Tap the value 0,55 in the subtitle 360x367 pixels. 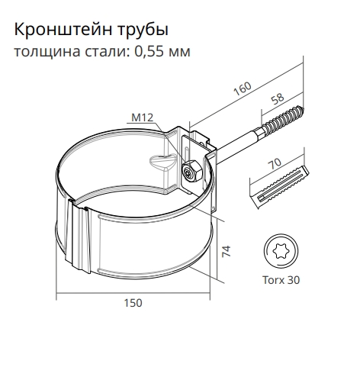coord(151,53)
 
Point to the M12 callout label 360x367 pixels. coord(142,118)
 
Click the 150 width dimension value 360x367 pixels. coord(133,303)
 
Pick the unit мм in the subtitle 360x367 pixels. coord(180,53)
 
